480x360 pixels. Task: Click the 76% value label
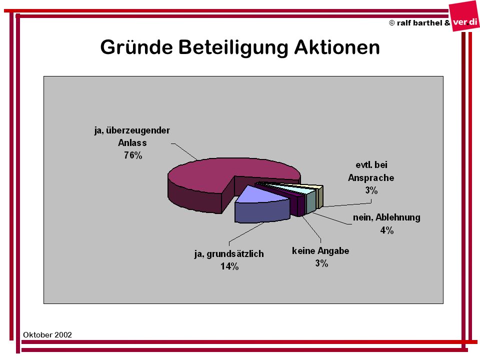(x=133, y=155)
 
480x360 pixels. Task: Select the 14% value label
(x=229, y=266)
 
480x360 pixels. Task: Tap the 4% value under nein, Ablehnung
(x=387, y=230)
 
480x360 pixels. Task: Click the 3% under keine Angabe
(x=321, y=263)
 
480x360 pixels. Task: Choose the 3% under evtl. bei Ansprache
(x=371, y=190)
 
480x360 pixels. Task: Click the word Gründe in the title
(x=136, y=47)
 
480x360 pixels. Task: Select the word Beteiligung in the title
(x=233, y=48)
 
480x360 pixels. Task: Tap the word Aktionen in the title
(x=336, y=47)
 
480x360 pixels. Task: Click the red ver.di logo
(x=464, y=18)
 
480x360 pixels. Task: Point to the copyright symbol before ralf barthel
(x=392, y=23)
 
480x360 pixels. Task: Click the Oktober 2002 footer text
(x=47, y=335)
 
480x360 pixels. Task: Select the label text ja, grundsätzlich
(x=229, y=254)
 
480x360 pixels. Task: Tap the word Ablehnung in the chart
(x=398, y=217)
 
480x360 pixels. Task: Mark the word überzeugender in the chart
(x=138, y=130)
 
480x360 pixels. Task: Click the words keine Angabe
(x=320, y=251)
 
